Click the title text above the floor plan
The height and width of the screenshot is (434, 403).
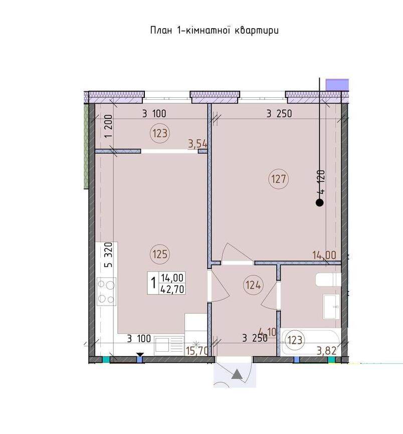(x=215, y=30)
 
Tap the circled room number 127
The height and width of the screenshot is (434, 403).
(x=279, y=179)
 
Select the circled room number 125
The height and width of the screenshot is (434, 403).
(x=160, y=254)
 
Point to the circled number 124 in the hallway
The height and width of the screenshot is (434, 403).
(x=253, y=285)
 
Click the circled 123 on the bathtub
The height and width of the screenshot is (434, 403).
(x=295, y=340)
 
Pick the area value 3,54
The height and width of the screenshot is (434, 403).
(x=197, y=143)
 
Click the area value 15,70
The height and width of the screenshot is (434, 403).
(x=196, y=351)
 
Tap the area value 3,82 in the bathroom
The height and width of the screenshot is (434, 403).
(x=327, y=351)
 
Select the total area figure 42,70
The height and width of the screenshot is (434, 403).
(x=172, y=289)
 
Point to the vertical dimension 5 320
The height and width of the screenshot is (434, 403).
(x=108, y=255)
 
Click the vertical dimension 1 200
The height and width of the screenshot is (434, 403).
(x=108, y=126)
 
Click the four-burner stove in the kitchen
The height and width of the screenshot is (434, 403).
(x=106, y=292)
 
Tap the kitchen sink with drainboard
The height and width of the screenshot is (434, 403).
(x=169, y=345)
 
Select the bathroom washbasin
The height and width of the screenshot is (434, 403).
(x=331, y=307)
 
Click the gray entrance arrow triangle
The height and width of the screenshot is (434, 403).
(x=237, y=374)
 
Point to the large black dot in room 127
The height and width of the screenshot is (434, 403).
(x=320, y=203)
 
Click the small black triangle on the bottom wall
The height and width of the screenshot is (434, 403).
(x=140, y=355)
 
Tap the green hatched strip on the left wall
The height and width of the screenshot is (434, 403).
(x=86, y=146)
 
